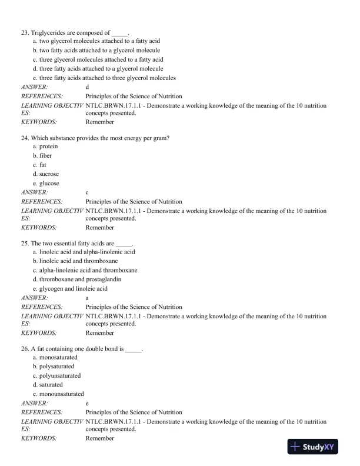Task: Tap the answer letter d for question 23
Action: [87, 86]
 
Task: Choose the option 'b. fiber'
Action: [42, 156]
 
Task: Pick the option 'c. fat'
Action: [40, 165]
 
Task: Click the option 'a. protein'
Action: [45, 147]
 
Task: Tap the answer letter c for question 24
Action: [87, 192]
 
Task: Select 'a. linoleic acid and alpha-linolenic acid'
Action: [84, 252]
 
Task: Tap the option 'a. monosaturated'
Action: [55, 357]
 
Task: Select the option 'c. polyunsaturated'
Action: [56, 375]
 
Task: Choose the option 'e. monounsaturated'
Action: [58, 394]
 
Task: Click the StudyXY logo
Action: [312, 447]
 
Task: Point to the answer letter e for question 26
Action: [87, 403]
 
